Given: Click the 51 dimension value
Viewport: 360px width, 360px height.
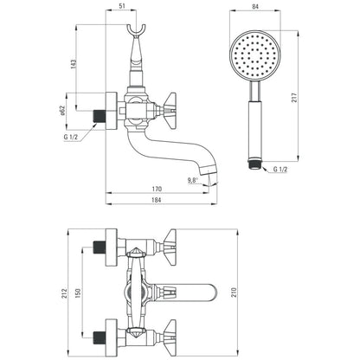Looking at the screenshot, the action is tap(122, 6).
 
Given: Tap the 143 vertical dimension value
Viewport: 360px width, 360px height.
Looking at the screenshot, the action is tap(74, 64).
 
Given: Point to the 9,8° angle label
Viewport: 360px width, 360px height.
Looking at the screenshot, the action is tap(193, 181).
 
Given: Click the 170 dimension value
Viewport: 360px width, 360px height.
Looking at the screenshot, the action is tap(157, 189).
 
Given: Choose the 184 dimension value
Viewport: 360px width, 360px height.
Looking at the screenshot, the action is tap(157, 200).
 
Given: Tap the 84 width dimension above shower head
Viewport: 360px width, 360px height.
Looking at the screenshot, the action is tap(255, 6).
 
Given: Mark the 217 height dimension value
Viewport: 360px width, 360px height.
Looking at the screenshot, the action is tap(294, 98).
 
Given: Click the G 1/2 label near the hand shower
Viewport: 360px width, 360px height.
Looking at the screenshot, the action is tap(280, 170).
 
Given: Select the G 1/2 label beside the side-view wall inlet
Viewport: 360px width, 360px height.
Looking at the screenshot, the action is tap(71, 137).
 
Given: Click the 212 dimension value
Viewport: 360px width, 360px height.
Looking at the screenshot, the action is tap(64, 293).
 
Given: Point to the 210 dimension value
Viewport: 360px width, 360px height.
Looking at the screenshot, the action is tap(234, 292).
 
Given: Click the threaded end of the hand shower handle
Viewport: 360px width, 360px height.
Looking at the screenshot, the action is tap(254, 165).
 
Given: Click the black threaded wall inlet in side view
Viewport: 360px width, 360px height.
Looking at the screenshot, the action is tap(100, 116).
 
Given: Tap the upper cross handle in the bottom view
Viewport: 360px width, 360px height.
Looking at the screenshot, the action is tap(170, 247).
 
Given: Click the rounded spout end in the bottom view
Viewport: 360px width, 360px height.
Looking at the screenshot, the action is tap(212, 292).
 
